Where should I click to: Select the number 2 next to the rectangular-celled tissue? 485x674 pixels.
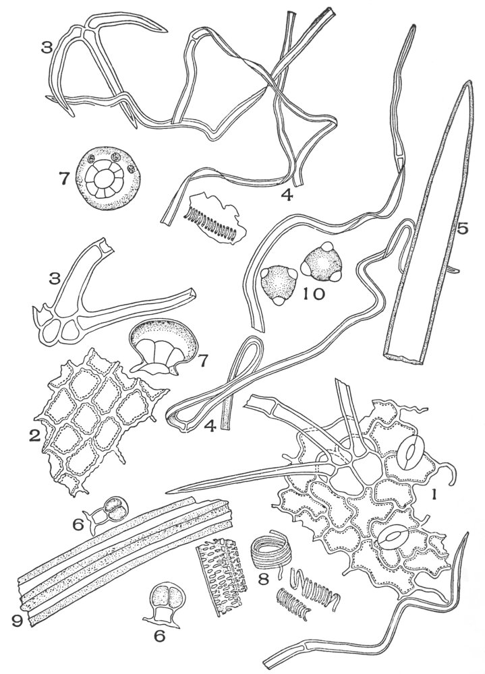34,436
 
